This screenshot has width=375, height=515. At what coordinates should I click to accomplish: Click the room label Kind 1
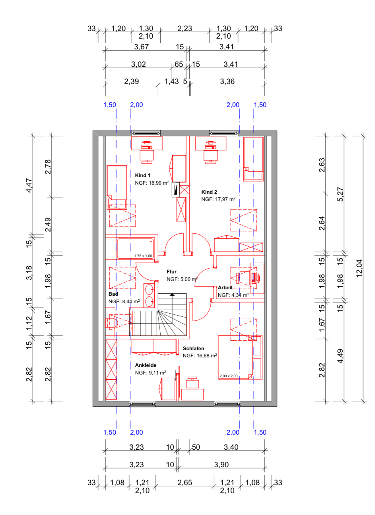[x=142, y=176]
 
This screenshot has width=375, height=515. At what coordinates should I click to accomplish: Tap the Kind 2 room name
[x=209, y=192]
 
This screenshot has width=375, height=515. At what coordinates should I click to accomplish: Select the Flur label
[x=171, y=272]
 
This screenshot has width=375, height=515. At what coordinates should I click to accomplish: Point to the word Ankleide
[x=146, y=365]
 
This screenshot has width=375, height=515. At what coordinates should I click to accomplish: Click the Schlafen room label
[x=194, y=348]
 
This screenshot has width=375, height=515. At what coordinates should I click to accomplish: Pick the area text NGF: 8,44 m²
[x=124, y=301]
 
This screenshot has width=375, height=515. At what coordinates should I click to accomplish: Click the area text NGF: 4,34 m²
[x=233, y=295]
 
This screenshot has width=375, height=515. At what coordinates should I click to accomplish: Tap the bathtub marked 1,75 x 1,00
[x=135, y=248]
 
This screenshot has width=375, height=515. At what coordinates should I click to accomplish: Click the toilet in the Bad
[x=111, y=323]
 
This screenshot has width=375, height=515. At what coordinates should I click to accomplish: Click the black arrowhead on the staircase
[x=172, y=294]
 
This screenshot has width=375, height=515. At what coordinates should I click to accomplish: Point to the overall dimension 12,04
[x=359, y=268]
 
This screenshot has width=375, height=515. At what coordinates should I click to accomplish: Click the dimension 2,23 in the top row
[x=185, y=29]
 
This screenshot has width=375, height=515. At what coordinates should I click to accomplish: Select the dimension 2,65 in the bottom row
[x=185, y=482]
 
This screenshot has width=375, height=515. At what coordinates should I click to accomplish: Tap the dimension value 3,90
[x=222, y=464]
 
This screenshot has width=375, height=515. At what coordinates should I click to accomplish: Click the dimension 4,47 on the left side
[x=29, y=185]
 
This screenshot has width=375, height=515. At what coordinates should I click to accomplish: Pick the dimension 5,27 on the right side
[x=340, y=195]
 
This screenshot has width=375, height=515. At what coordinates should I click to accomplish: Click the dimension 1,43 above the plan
[x=171, y=81]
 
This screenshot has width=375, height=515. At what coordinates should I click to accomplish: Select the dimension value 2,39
[x=132, y=81]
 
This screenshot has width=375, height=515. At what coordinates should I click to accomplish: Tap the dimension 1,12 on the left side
[x=29, y=323]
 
